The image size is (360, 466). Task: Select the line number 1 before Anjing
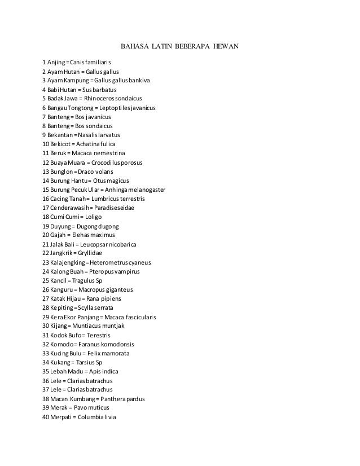[x=44, y=61]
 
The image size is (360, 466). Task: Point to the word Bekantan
[x=62, y=135]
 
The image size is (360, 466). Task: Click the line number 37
[x=46, y=389]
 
